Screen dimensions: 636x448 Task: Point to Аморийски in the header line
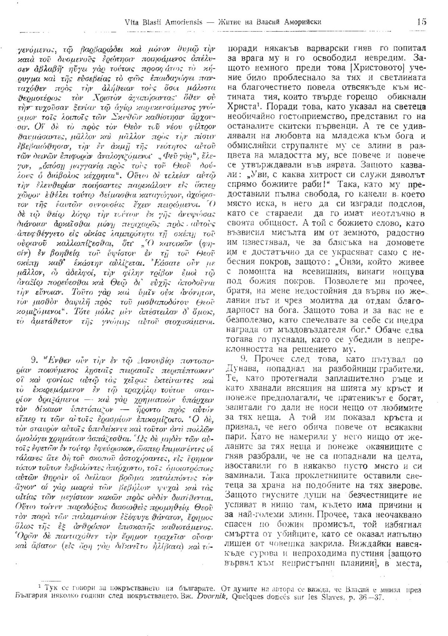coord(302,22)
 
